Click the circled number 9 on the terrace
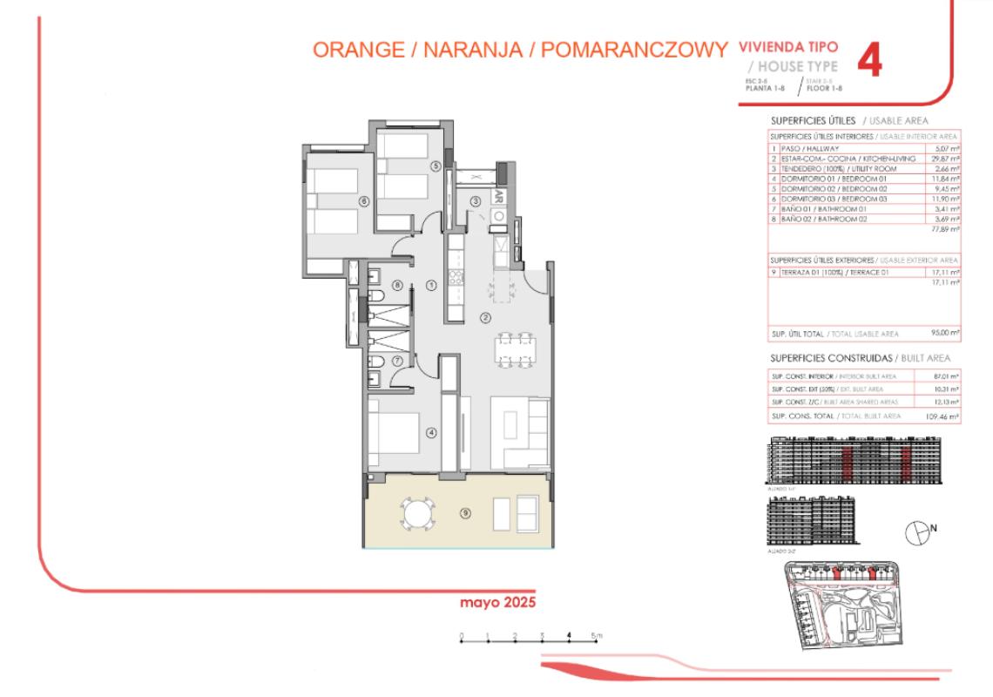[466, 513]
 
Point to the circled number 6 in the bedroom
[365, 200]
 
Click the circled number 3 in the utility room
[476, 201]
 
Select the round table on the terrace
[416, 511]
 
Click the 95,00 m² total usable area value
[946, 333]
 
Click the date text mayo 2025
[497, 602]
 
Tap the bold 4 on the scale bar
[569, 635]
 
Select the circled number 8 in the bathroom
[397, 285]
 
